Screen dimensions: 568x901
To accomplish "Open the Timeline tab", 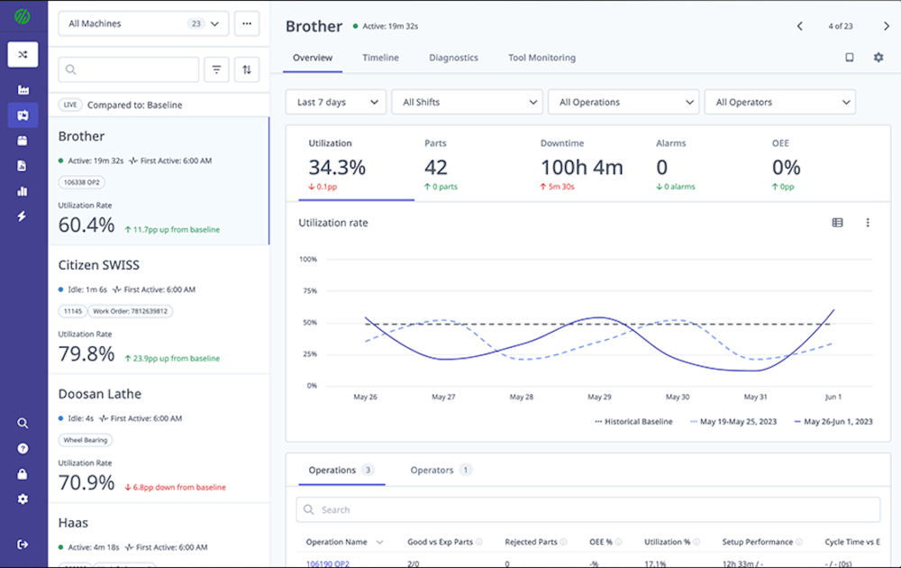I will [380, 58].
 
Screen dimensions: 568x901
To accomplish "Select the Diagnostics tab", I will [453, 58].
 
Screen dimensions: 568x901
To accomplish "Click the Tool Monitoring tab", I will [542, 58].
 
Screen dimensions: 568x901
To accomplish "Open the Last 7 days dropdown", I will [336, 102].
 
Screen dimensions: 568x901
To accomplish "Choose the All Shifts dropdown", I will [466, 102].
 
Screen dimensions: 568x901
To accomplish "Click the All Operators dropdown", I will [779, 102].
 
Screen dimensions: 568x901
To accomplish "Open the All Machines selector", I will [143, 23].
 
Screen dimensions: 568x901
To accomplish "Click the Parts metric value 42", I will [436, 167].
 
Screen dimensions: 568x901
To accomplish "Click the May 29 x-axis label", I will [599, 397].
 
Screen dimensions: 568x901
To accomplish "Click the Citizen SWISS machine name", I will [99, 265].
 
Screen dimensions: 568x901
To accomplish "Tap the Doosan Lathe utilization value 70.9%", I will [86, 482].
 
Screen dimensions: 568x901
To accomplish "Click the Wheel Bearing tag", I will [86, 440].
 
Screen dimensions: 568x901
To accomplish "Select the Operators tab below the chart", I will [432, 470].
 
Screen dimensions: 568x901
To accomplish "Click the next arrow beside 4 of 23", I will [887, 26].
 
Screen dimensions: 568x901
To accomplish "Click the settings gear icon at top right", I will [878, 58].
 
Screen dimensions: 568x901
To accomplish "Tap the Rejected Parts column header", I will [532, 542].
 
